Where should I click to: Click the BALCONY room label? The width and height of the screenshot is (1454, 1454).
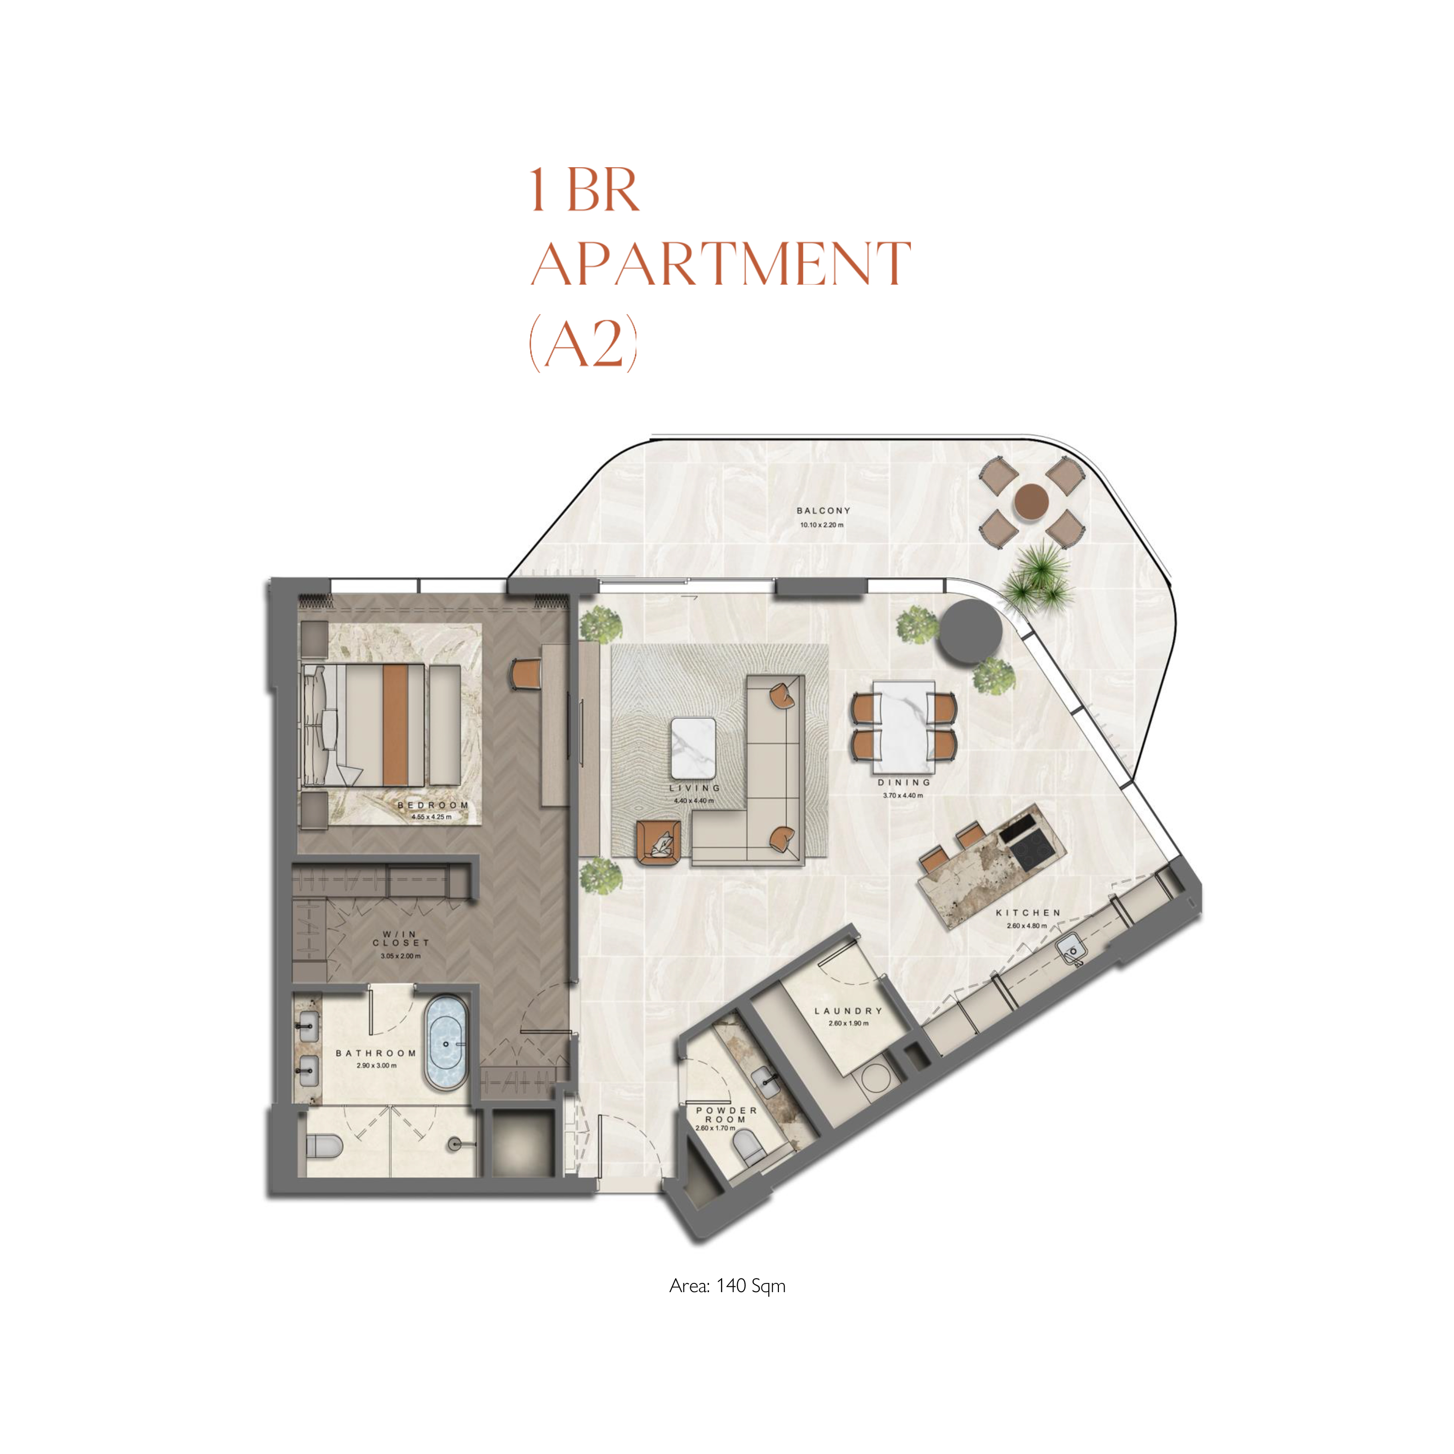pyautogui.click(x=823, y=510)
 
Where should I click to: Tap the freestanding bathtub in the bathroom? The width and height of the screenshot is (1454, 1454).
pyautogui.click(x=446, y=1044)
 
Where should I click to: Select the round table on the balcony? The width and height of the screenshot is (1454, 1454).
pyautogui.click(x=1031, y=500)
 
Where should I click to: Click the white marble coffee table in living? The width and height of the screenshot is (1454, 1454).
pyautogui.click(x=693, y=748)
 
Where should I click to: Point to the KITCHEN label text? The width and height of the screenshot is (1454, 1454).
pyautogui.click(x=1028, y=913)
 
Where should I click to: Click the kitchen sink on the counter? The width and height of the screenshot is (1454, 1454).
pyautogui.click(x=1073, y=950)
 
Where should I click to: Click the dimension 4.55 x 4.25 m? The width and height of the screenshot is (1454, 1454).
pyautogui.click(x=431, y=817)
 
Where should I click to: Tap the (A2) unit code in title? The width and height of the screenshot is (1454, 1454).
pyautogui.click(x=583, y=343)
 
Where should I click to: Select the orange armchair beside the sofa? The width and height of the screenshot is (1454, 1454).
pyautogui.click(x=660, y=844)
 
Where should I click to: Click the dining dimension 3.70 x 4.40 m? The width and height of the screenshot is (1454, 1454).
pyautogui.click(x=903, y=795)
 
